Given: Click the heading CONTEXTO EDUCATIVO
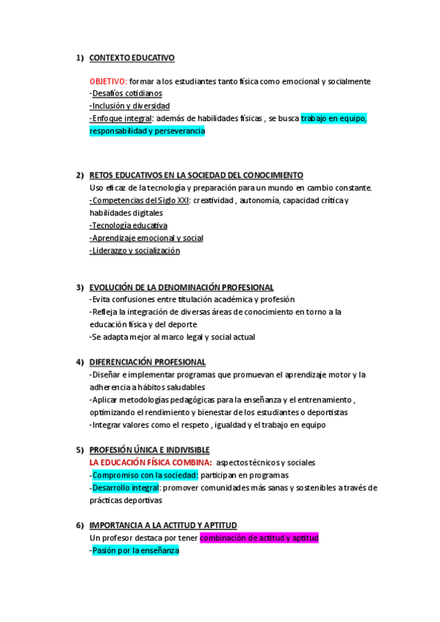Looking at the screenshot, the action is pyautogui.click(x=131, y=58).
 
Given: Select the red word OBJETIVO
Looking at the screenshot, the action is pyautogui.click(x=108, y=81).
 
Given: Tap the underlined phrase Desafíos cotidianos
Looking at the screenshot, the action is pyautogui.click(x=126, y=94).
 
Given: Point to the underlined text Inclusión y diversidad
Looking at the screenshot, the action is pyautogui.click(x=130, y=106).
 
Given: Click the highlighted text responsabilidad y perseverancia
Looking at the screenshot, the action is pyautogui.click(x=147, y=131).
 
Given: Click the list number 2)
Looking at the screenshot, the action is pyautogui.click(x=79, y=175).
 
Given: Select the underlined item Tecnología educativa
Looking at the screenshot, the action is pyautogui.click(x=129, y=225).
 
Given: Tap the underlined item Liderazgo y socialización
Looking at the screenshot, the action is pyautogui.click(x=135, y=250).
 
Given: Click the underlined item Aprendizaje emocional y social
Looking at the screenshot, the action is pyautogui.click(x=147, y=238).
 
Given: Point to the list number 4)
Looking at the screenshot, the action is pyautogui.click(x=79, y=362).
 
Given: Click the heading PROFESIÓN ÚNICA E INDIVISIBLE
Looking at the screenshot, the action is pyautogui.click(x=149, y=450).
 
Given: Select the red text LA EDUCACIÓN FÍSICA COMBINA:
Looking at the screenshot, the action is pyautogui.click(x=151, y=462).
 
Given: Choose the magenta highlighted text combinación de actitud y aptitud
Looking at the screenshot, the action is pyautogui.click(x=259, y=538).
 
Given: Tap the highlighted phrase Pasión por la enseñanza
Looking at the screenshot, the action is pyautogui.click(x=136, y=550).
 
